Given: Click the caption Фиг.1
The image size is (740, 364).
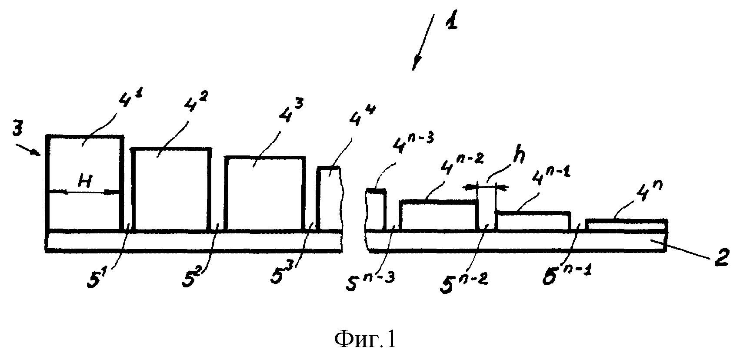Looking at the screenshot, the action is click(365, 340).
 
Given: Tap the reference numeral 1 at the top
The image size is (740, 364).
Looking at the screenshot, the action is click(451, 21).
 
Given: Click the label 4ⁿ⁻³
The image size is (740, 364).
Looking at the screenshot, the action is click(413, 143).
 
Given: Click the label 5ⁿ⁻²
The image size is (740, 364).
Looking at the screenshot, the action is click(464, 282).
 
